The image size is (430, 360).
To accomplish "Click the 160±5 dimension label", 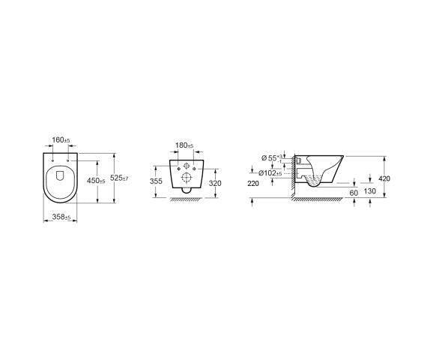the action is (61, 139).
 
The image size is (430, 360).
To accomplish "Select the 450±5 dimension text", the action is (96, 181).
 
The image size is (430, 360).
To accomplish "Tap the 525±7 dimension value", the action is (119, 178).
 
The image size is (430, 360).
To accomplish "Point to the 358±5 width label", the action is (61, 217).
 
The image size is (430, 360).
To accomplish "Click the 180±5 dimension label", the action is (184, 145).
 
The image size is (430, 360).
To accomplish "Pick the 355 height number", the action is (156, 181).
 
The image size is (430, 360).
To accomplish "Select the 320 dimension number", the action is (215, 183).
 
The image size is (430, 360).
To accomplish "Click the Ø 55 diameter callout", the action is (272, 158).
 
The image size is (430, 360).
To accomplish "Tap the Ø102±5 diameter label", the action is (270, 173).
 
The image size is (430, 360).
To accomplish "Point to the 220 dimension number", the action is (253, 184).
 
